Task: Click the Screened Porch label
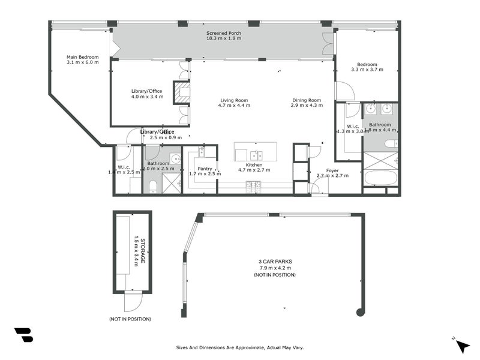(223, 34)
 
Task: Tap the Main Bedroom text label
(82, 57)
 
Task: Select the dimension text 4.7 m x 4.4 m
(234, 106)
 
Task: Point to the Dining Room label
(307, 100)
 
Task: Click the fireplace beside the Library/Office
(182, 93)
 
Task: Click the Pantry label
(205, 169)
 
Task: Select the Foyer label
(332, 170)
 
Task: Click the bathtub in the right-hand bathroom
(380, 178)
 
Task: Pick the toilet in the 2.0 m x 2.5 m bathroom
(152, 186)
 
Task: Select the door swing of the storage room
(133, 301)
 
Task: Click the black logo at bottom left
(23, 335)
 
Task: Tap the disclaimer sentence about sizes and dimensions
(243, 347)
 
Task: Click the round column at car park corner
(360, 312)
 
